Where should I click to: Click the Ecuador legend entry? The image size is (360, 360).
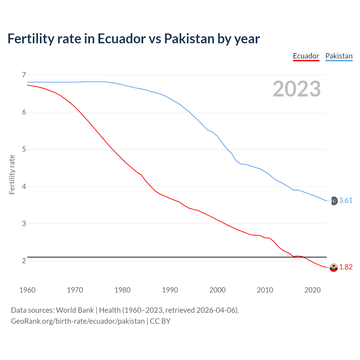point(306,56)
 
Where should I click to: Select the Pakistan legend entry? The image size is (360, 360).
point(339,56)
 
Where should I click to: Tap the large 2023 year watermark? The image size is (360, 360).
point(297,89)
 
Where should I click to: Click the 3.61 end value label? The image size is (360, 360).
point(346,200)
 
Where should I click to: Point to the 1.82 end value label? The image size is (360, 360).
point(346,267)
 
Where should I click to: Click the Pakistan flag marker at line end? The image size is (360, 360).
point(334,201)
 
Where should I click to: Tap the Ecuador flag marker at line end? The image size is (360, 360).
point(334,267)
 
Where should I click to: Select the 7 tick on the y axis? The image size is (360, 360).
point(24,75)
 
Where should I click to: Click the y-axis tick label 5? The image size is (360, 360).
point(24,149)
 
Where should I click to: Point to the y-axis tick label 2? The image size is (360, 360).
point(24,261)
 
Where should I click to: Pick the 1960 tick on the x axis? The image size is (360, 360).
point(27,290)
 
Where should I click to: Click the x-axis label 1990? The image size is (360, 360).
point(170,290)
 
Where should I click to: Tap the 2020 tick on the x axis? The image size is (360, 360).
point(312,290)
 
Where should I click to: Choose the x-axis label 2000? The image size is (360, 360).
point(217,290)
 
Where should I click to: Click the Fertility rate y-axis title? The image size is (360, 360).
point(12,174)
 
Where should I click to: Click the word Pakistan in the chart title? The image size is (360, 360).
point(189,39)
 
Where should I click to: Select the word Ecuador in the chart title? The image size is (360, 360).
point(121,39)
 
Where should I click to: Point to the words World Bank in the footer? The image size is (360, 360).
point(75,310)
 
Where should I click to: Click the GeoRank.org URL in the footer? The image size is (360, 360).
point(78,321)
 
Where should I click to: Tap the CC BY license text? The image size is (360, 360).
point(160,321)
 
